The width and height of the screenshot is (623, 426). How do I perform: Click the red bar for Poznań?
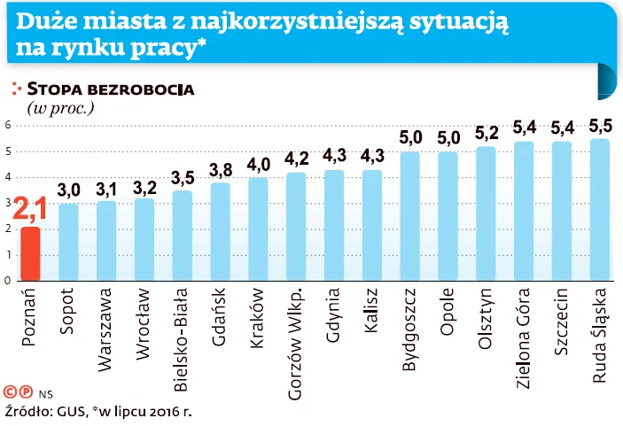point(30,254)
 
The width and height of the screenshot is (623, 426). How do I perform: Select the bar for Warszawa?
point(106,241)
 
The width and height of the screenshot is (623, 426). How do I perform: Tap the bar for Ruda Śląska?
point(600,210)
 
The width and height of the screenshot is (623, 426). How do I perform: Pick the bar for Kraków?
point(258,229)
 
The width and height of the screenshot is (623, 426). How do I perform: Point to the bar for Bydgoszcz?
point(409,216)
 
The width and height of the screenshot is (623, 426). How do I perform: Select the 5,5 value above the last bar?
point(600,125)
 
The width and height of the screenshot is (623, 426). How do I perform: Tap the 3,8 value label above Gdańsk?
point(220,169)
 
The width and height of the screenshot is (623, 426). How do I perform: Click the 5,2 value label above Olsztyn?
point(486,133)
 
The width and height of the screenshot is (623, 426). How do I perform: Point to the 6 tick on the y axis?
point(7,125)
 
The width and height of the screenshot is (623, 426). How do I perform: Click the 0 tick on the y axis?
point(7,281)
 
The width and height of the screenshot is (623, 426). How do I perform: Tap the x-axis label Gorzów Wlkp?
point(296,332)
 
